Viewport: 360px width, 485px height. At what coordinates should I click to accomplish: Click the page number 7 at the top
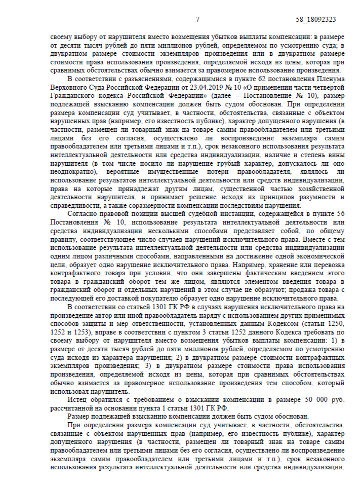pyautogui.click(x=198, y=19)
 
